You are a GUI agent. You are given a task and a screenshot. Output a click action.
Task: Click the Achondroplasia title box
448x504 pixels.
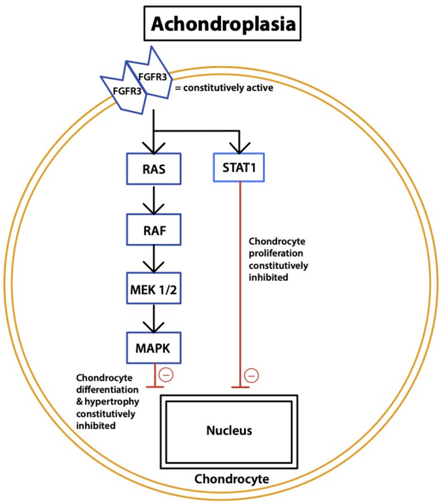(223, 25)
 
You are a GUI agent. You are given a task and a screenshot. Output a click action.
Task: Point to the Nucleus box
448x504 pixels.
(228, 431)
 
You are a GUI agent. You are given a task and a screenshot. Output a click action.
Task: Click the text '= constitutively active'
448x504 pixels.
(217, 86)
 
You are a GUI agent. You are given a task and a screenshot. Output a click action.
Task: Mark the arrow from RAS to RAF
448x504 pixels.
(153, 200)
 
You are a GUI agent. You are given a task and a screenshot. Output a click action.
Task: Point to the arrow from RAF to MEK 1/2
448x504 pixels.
(153, 258)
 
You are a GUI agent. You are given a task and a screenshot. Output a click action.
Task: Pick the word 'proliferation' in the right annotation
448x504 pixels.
(275, 253)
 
